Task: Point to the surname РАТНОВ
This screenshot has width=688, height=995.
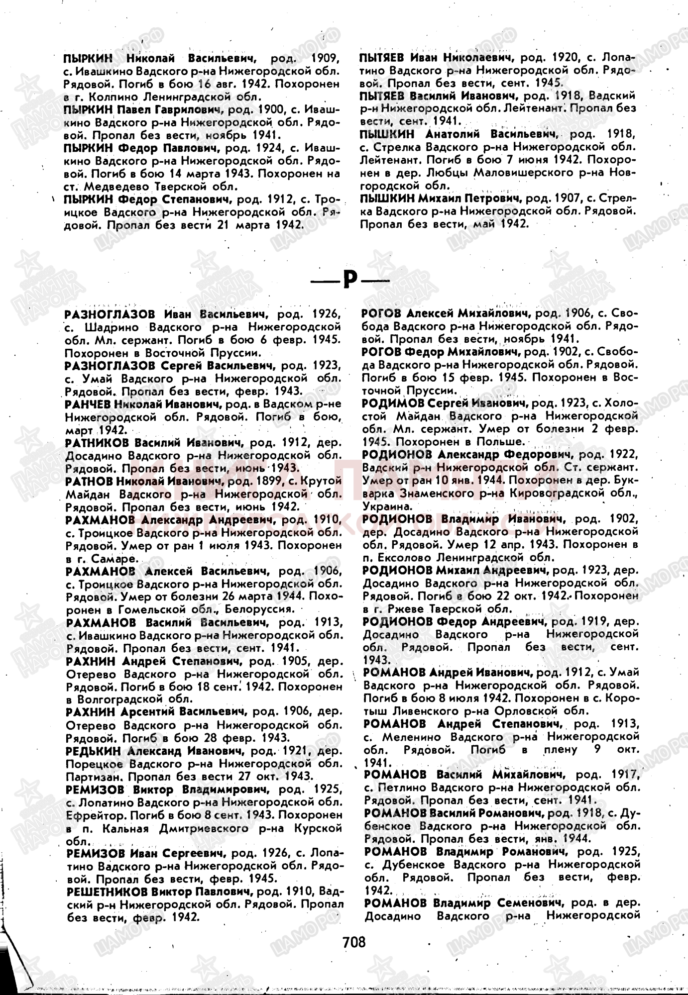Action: click(90, 481)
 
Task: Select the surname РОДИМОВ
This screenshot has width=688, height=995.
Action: click(394, 402)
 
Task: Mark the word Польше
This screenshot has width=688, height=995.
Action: click(500, 442)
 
